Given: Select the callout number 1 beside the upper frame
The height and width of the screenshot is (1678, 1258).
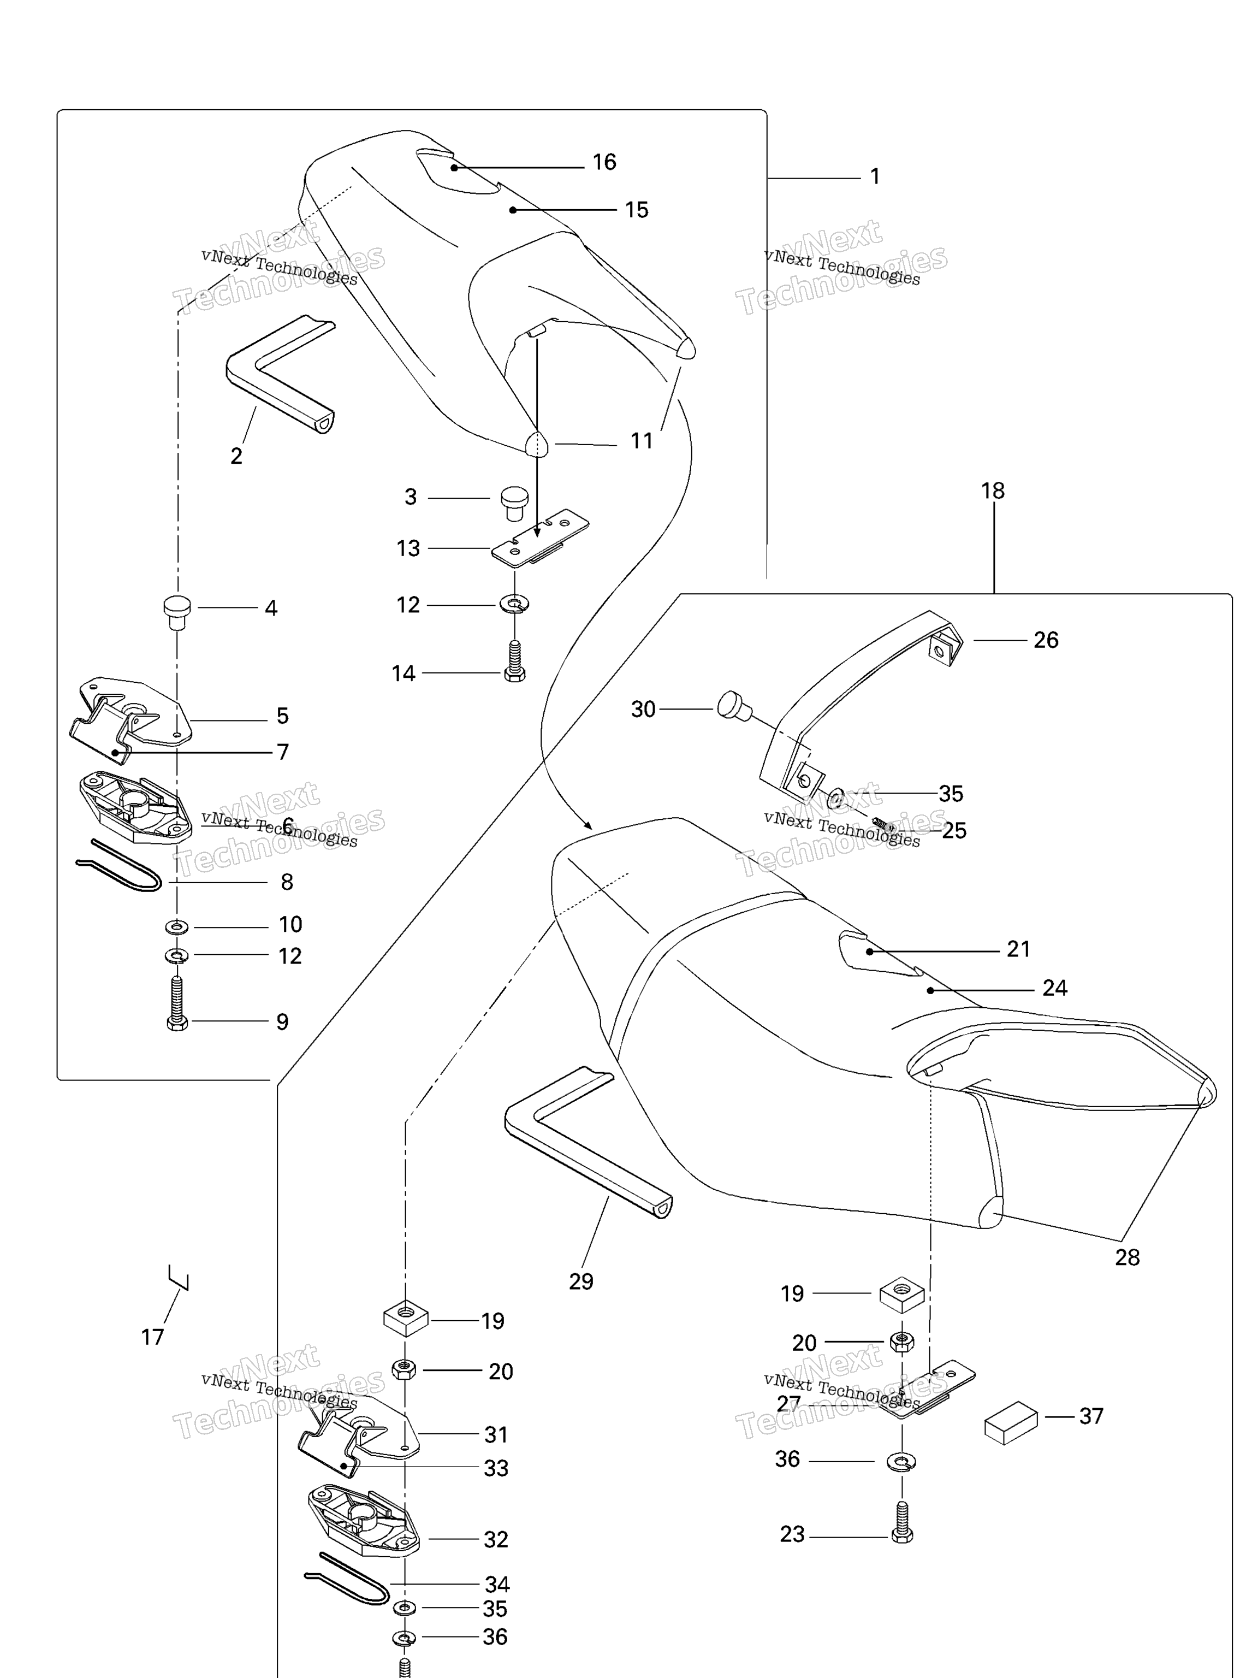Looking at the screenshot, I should (x=875, y=177).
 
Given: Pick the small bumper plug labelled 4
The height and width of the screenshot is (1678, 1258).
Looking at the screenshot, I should (x=177, y=611).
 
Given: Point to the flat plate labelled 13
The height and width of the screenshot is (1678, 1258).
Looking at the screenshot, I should (x=539, y=538).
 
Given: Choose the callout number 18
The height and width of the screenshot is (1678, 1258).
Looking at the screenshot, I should (x=993, y=491).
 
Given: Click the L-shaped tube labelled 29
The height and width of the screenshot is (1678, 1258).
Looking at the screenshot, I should (x=584, y=1161).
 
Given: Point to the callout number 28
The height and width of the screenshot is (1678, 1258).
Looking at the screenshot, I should (x=1127, y=1257).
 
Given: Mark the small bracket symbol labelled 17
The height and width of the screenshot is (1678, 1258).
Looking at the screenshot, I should (x=179, y=1277).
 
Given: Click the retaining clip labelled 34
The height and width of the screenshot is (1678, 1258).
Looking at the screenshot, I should (x=347, y=1579).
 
